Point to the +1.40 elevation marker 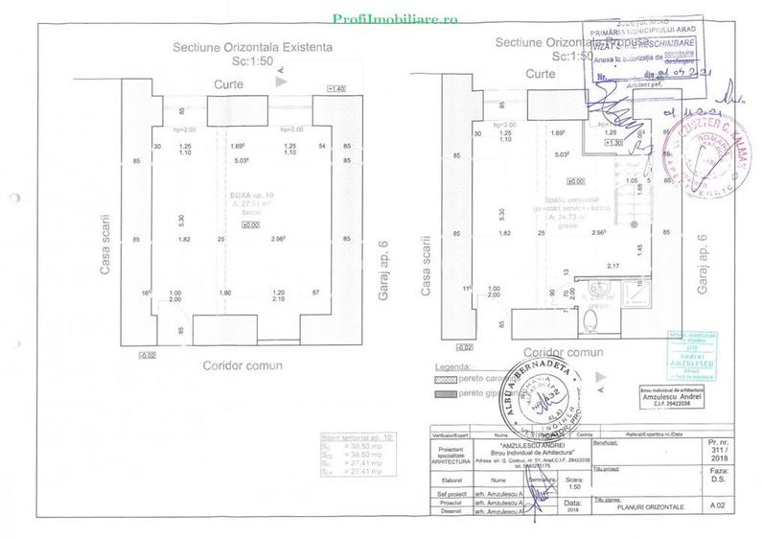coord(335,89)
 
